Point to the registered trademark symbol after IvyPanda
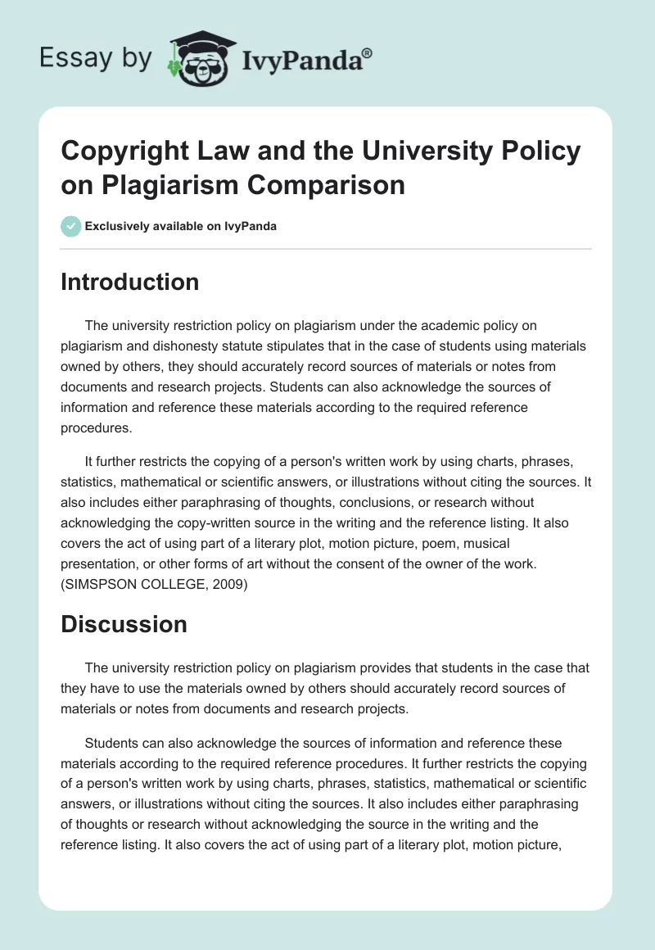click(x=368, y=53)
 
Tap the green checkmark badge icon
click(x=71, y=226)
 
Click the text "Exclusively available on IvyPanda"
click(x=181, y=226)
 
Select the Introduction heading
click(x=130, y=282)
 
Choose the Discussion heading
click(x=124, y=624)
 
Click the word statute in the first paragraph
click(x=370, y=347)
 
